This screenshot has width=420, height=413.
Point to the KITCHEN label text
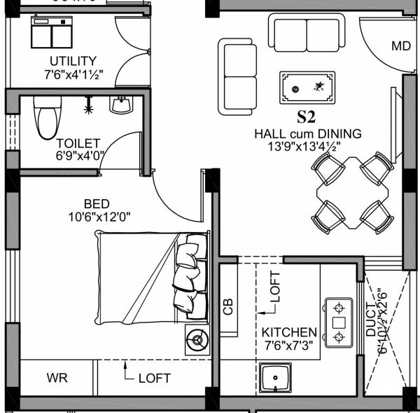point(289,332)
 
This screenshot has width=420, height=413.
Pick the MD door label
point(400,46)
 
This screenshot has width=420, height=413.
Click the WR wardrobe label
point(57,378)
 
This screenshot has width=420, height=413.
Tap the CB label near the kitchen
point(227,306)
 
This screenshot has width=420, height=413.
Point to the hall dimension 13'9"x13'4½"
point(307,147)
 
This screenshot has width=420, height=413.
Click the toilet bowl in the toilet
point(46,119)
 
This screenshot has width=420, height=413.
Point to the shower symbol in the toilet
point(88,109)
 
